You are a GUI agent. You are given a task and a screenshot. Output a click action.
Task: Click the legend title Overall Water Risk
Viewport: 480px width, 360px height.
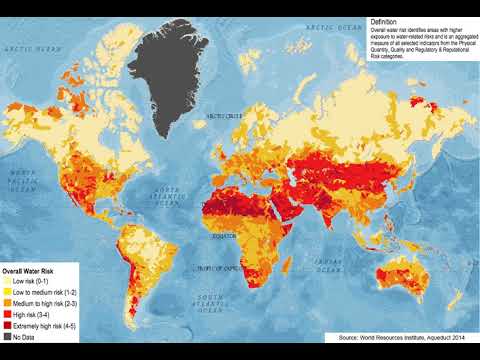click(27, 271)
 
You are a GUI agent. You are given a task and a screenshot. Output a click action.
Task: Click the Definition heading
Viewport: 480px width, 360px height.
click(384, 22)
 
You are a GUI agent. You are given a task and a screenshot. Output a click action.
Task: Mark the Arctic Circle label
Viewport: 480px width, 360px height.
click(224, 116)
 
